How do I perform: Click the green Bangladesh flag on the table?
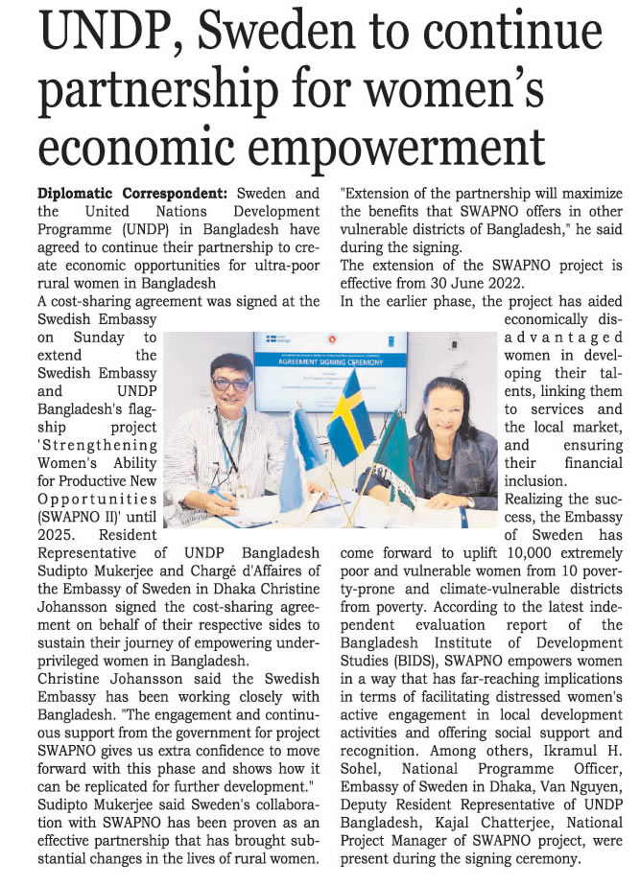[x=393, y=460]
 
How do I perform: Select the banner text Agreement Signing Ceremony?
[x=328, y=351]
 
